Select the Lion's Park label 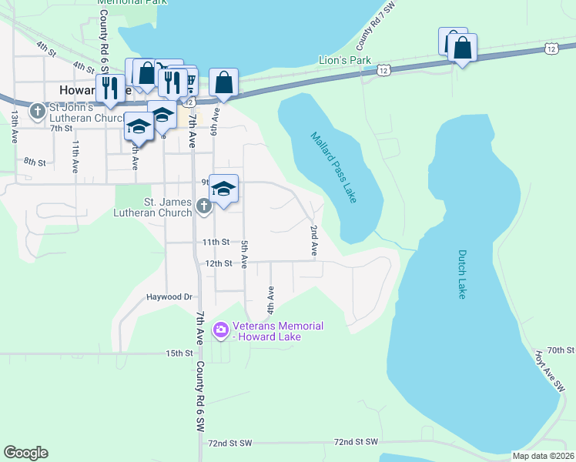click(345, 60)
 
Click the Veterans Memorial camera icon click(221, 330)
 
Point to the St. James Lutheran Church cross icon click(203, 206)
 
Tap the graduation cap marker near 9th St click(223, 189)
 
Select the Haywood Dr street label click(169, 296)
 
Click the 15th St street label click(178, 353)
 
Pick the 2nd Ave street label click(314, 240)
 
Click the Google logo click(25, 453)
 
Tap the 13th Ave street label click(15, 126)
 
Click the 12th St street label click(217, 263)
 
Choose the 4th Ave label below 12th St click(270, 299)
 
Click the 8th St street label click(35, 162)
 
